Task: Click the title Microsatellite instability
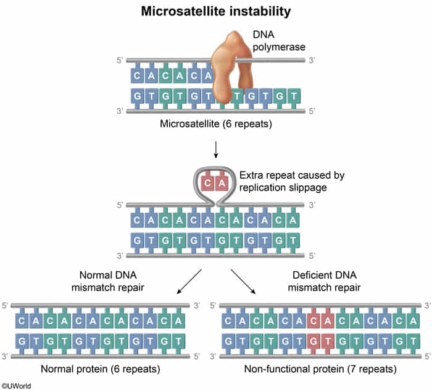coord(216,11)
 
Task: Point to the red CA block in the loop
coord(216,183)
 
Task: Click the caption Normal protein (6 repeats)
coord(101,370)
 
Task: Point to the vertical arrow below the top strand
coord(216,149)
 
